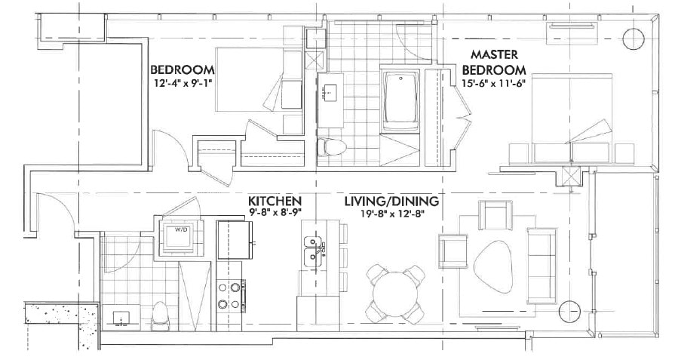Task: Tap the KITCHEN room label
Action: [x=275, y=201]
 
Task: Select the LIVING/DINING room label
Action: [x=392, y=202]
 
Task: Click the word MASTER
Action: [x=492, y=55]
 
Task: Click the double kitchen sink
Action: [x=312, y=251]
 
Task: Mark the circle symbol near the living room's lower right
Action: [x=571, y=309]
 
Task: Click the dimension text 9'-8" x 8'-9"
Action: [x=275, y=213]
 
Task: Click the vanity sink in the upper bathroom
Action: [x=330, y=93]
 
